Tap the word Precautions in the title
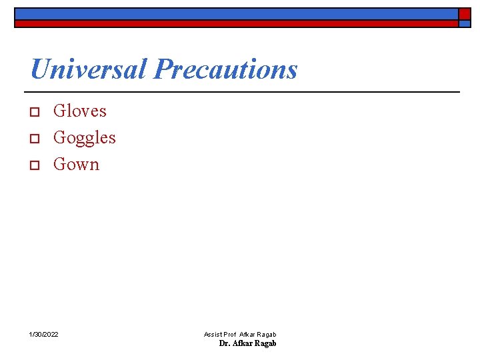click(225, 69)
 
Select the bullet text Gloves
click(79, 111)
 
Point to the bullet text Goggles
click(84, 137)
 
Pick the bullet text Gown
click(76, 164)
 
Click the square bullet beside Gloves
click(36, 111)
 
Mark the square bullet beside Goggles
click(36, 138)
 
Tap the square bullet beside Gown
click(36, 165)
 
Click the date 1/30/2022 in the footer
click(43, 333)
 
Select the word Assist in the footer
click(213, 334)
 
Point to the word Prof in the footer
click(231, 334)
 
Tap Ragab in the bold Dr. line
click(265, 343)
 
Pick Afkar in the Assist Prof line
click(247, 334)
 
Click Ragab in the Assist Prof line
click(267, 334)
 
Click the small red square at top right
click(464, 13)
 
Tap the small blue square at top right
click(464, 23)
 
